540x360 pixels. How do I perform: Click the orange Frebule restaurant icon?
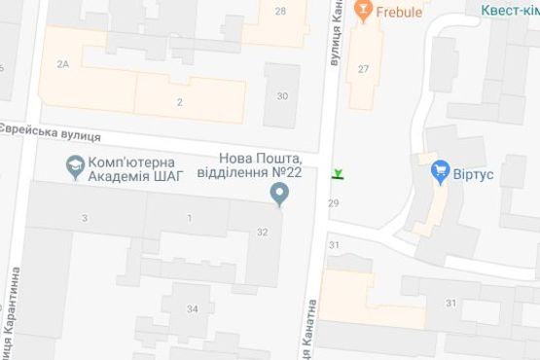pyautogui.click(x=363, y=12)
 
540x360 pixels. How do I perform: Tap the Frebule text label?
pyautogui.click(x=401, y=13)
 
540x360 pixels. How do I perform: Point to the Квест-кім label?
pyautogui.click(x=510, y=9)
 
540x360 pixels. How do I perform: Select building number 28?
pyautogui.click(x=280, y=12)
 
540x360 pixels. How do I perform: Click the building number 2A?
pyautogui.click(x=64, y=64)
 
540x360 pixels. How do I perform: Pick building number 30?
pyautogui.click(x=282, y=95)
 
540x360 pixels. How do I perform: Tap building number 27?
pyautogui.click(x=363, y=68)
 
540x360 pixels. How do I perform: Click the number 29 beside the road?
pyautogui.click(x=334, y=202)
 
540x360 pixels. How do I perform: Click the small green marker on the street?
pyautogui.click(x=338, y=174)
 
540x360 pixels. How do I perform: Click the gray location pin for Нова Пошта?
pyautogui.click(x=280, y=197)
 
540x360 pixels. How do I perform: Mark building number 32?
pyautogui.click(x=262, y=232)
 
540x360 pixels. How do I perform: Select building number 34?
pyautogui.click(x=192, y=309)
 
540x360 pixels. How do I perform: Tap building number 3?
pyautogui.click(x=85, y=217)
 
